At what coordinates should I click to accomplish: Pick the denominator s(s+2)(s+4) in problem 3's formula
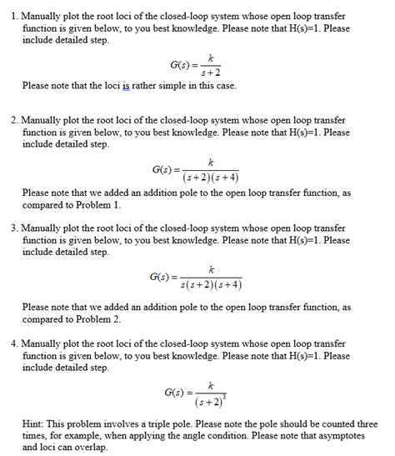tap(211, 283)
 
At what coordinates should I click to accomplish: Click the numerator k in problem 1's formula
tap(212, 58)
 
